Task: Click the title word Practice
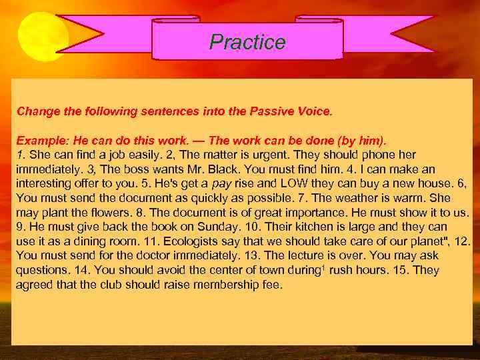tap(247, 43)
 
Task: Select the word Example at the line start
tap(39, 141)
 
